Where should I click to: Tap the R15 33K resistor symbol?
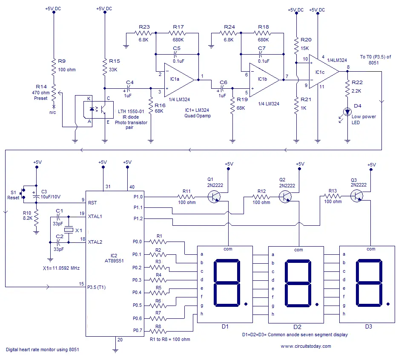click(105, 67)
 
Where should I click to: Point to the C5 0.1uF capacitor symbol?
click(176, 54)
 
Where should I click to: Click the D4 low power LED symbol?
click(347, 112)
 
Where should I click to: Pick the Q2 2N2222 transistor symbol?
click(285, 197)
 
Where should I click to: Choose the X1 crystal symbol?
click(69, 230)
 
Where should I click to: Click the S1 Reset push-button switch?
click(23, 193)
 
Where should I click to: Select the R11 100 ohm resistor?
click(186, 197)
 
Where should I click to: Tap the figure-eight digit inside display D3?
click(369, 282)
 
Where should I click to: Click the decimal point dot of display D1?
click(246, 304)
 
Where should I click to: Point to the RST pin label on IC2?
click(92, 203)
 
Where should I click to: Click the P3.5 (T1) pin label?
click(96, 287)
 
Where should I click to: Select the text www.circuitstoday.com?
click(306, 346)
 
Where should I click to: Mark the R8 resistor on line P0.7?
click(158, 331)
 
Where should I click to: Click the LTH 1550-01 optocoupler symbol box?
click(98, 110)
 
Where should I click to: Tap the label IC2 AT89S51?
click(114, 258)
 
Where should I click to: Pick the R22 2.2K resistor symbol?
click(347, 88)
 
